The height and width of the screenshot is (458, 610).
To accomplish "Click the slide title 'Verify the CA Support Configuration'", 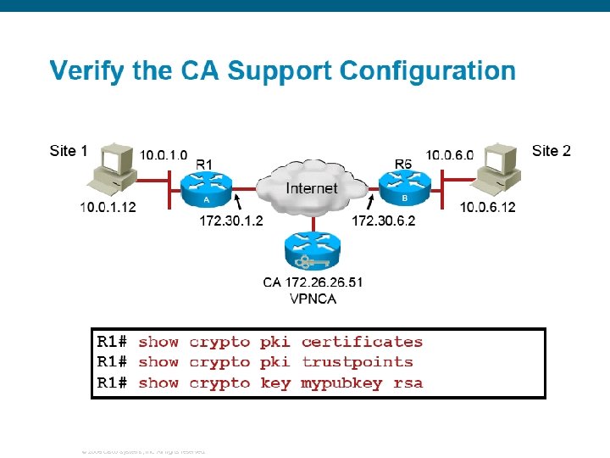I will pos(282,70).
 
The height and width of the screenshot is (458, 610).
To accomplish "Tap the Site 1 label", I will pos(69,151).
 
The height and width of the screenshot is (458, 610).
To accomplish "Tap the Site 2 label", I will pos(552,151).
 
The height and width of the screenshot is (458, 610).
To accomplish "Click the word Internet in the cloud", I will pos(311,187).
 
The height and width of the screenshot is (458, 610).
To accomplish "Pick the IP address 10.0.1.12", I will pos(108,206).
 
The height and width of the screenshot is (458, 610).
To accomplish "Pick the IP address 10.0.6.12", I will pos(487,207).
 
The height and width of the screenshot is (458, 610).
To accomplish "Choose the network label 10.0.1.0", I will pos(164,155).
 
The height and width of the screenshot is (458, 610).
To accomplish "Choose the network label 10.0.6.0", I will pos(449,155).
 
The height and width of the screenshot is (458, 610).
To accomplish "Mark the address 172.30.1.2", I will pos(231,221).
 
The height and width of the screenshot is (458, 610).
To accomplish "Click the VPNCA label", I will pos(313,298).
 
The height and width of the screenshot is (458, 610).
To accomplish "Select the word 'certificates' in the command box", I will pos(362,342).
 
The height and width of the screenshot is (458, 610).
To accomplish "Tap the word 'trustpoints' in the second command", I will pos(357,362).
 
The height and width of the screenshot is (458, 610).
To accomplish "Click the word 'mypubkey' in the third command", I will pos(341,383).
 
